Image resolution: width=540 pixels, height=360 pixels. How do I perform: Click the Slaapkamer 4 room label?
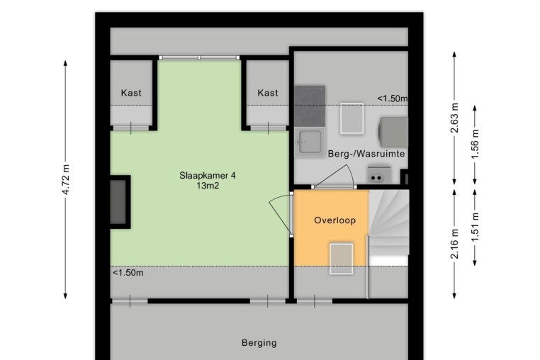point(208,175)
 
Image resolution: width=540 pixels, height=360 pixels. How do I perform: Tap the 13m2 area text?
point(208,186)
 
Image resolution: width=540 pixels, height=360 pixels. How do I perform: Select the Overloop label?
point(334,220)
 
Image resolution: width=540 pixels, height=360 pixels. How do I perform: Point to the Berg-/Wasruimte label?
point(366,154)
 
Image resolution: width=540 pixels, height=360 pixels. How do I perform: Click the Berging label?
point(259,343)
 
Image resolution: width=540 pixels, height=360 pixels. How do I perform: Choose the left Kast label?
point(131,93)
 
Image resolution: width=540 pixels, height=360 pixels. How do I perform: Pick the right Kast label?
point(268,93)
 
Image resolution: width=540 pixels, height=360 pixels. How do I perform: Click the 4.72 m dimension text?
point(66,179)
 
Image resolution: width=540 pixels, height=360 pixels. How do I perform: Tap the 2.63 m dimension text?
point(454,118)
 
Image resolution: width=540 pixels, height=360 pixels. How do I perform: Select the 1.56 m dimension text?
point(475,145)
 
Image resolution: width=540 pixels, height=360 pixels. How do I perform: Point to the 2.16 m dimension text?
point(454,244)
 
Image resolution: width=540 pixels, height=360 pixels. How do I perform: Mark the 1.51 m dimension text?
point(475,227)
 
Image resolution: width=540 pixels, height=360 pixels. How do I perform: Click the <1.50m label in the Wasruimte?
point(393,99)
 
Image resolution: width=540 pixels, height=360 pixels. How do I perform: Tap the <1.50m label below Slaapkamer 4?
point(128,273)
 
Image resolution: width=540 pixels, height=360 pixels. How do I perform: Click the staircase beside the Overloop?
point(388,228)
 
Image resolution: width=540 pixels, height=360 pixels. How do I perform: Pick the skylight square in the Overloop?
point(342,259)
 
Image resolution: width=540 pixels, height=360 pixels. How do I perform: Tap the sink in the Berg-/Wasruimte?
point(310,142)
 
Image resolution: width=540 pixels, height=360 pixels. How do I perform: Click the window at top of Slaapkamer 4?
point(199,57)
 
